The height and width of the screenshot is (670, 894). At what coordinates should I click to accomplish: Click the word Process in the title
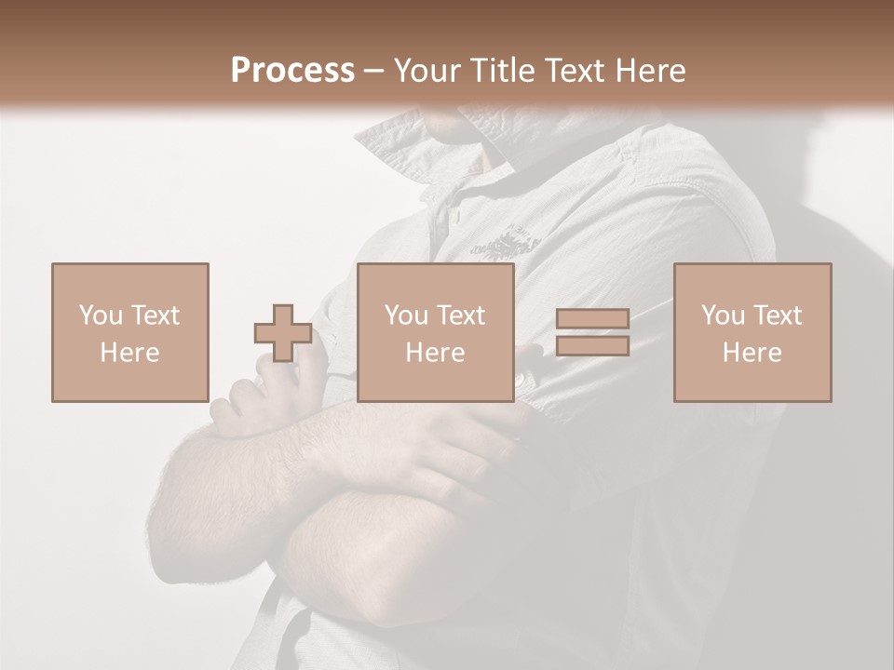(x=292, y=70)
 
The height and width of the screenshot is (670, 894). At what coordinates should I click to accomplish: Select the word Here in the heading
(x=648, y=70)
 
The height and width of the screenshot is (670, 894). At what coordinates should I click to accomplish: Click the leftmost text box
(x=129, y=332)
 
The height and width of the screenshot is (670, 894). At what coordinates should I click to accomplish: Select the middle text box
(x=435, y=332)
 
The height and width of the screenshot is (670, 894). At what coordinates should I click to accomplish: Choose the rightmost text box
(x=752, y=332)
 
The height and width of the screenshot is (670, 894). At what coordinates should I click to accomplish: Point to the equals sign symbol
(x=592, y=332)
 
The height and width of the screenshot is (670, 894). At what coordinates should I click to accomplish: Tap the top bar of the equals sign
(x=592, y=318)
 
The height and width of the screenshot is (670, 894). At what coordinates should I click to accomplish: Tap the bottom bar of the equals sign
(x=592, y=346)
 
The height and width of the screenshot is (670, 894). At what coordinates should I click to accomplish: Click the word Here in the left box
(x=129, y=353)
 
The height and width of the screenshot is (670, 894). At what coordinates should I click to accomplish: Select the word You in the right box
(x=722, y=315)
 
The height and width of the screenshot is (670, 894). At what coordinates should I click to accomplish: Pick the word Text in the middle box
(x=461, y=315)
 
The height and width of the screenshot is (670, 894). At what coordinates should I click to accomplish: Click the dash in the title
(x=374, y=70)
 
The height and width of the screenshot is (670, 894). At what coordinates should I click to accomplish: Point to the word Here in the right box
(x=752, y=353)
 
